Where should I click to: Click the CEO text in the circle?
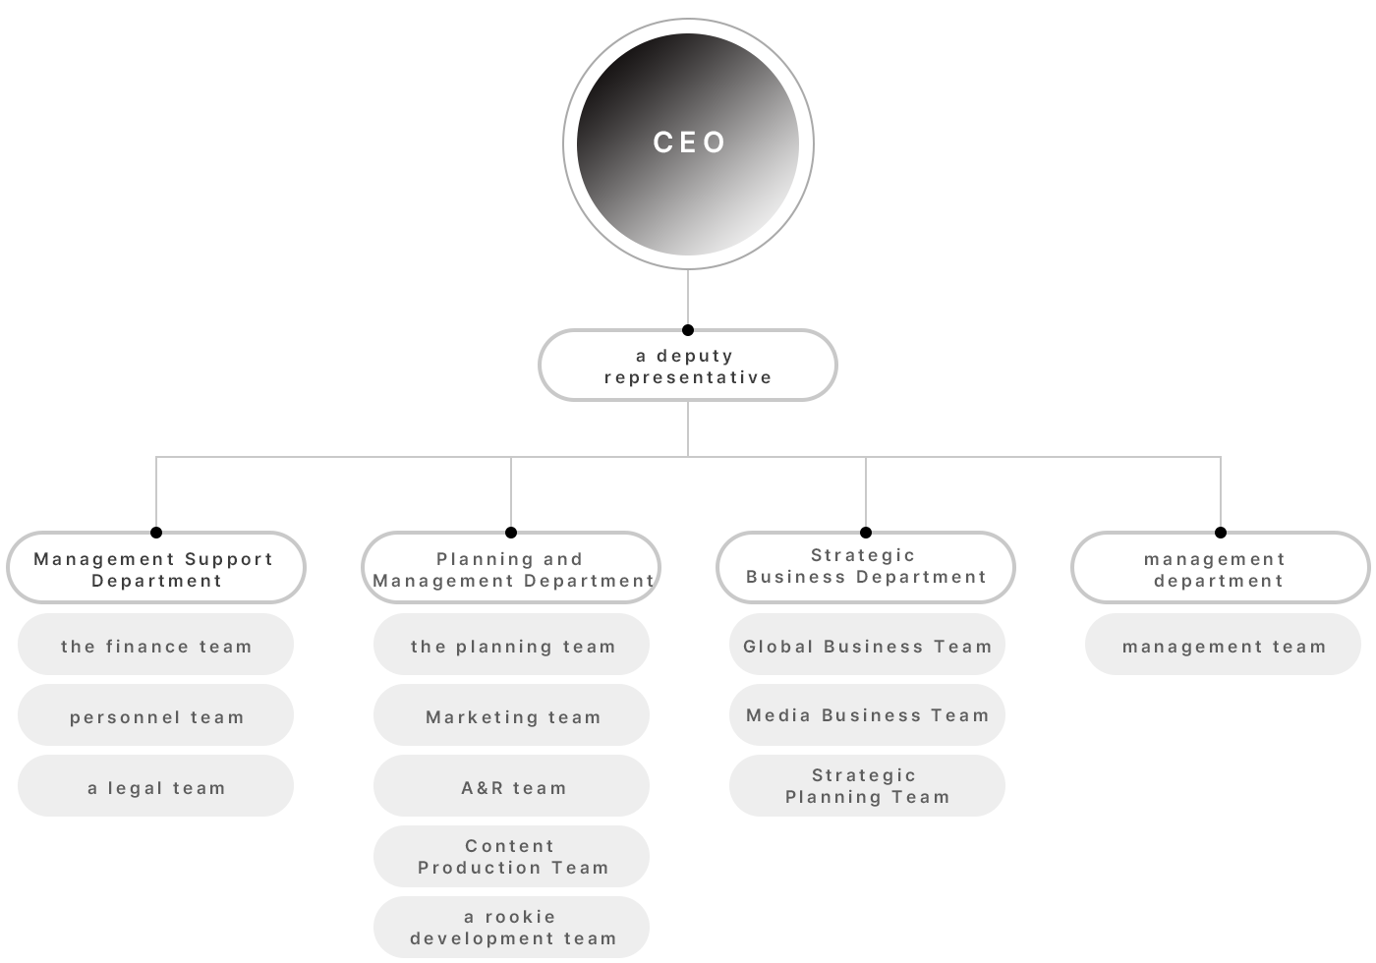click(689, 142)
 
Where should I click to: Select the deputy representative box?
click(688, 366)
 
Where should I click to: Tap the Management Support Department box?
click(156, 568)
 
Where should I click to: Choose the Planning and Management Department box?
click(511, 568)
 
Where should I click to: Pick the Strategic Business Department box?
click(866, 568)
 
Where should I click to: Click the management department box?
click(1221, 568)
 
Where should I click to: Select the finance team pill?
click(155, 645)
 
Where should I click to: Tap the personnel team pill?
click(155, 715)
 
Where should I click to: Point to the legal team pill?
click(155, 785)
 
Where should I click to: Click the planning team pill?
click(511, 645)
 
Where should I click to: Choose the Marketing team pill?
click(511, 715)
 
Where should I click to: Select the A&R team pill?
click(511, 785)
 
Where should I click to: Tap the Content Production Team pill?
click(511, 856)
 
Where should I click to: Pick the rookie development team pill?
click(511, 927)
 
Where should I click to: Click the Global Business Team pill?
click(867, 645)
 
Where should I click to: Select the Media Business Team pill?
click(867, 715)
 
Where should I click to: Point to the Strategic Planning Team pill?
click(867, 785)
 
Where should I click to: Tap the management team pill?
click(1223, 645)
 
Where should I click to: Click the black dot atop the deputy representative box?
click(688, 330)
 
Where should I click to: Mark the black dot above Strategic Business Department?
click(866, 533)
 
